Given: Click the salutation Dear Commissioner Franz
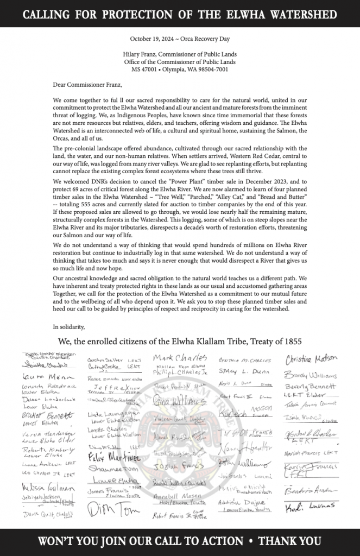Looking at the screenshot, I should [87, 85].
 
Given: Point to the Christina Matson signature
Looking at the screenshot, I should [311, 360].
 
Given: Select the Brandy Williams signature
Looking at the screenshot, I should [310, 375].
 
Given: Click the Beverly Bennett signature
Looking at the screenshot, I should [310, 386].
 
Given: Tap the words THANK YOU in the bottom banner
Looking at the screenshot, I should [289, 541].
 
